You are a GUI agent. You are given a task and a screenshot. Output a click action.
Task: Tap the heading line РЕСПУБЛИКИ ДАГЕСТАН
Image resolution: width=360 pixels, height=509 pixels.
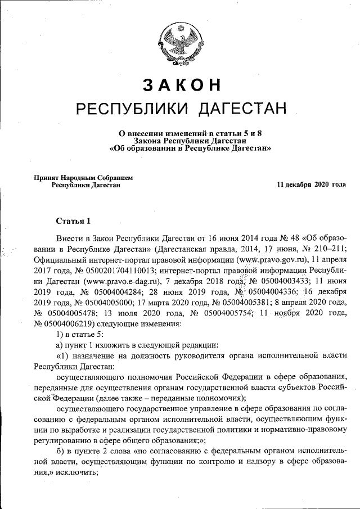coord(181,107)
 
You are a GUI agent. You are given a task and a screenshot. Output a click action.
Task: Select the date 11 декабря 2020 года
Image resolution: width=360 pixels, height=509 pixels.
coord(311,184)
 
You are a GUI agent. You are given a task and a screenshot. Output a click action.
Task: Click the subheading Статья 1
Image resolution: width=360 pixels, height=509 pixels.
coord(73,219)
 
